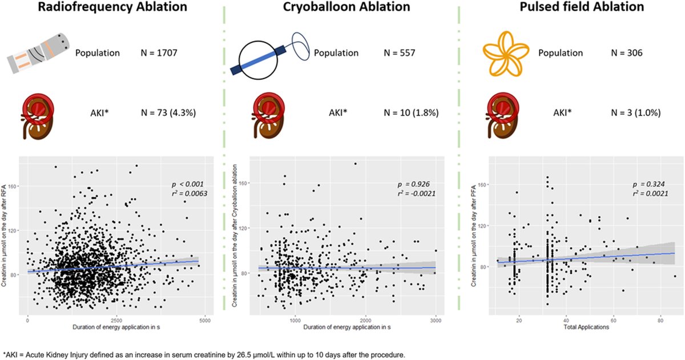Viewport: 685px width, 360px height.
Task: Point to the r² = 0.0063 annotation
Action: (190, 193)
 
